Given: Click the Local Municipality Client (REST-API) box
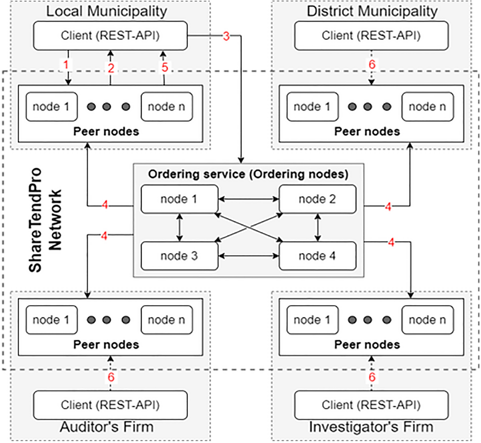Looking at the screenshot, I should tap(110, 36).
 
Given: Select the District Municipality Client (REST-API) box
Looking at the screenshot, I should tap(371, 36).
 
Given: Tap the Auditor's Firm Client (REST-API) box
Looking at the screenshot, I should tap(110, 405).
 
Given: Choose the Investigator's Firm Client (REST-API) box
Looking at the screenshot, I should tap(371, 405).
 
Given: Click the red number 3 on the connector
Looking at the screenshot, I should tap(226, 36).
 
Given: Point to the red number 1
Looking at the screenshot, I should tap(67, 64).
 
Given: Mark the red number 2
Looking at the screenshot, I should tap(111, 68).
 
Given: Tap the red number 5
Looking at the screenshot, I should tap(165, 67).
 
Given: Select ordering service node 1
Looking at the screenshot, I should tap(179, 199).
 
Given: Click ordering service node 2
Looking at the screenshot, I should tap(317, 199).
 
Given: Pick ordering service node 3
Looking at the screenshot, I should tap(179, 256).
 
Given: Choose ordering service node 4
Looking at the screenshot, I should tap(317, 256).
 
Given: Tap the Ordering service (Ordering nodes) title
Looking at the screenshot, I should tap(248, 174).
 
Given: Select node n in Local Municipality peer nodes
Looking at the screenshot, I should tap(166, 107).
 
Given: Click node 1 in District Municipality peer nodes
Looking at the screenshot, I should tap(312, 107).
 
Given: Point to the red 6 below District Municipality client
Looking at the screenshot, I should tap(372, 64).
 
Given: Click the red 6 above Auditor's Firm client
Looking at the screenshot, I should tap(111, 377).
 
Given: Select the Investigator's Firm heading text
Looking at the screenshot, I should tap(371, 427).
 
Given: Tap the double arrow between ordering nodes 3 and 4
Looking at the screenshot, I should tap(249, 256).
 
